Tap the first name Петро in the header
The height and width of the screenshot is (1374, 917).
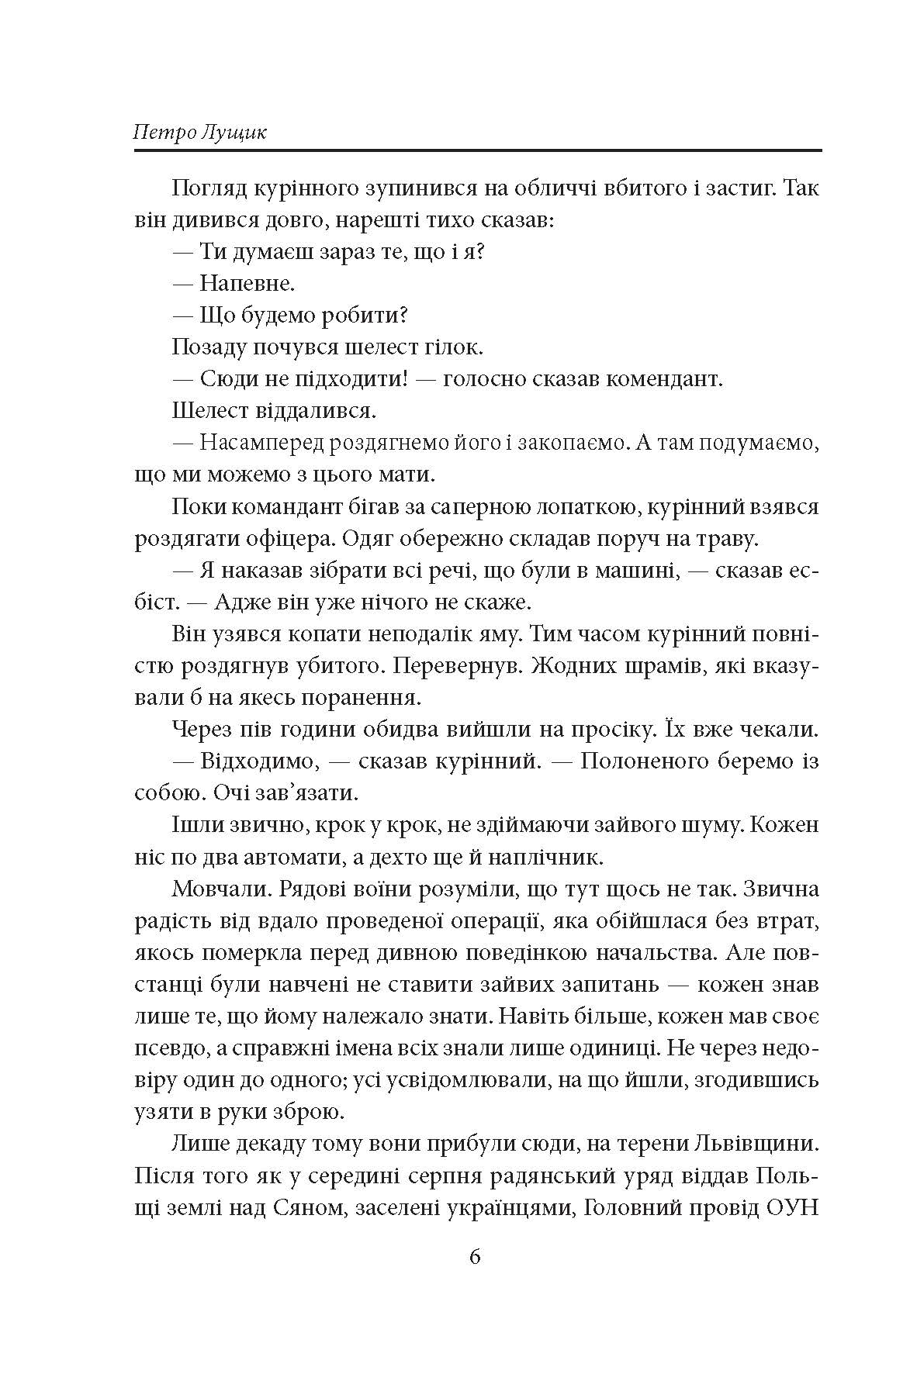(x=161, y=131)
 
